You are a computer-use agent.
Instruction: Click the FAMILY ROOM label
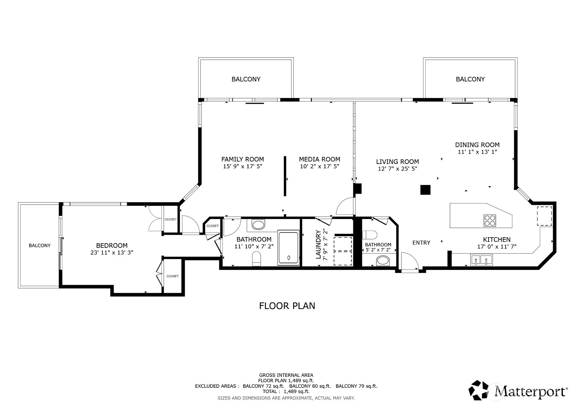tap(243, 159)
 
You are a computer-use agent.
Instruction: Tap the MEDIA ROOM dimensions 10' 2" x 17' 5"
tap(319, 167)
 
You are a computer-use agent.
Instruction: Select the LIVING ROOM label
tap(397, 161)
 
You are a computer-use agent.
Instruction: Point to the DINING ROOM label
tap(477, 145)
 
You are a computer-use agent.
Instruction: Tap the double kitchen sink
tap(481, 260)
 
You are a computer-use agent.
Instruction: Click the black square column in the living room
tap(425, 190)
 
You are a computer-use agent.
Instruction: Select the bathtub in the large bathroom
tap(288, 248)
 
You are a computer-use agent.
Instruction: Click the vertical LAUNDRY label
tap(318, 245)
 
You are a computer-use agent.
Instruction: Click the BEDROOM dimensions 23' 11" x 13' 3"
tap(112, 253)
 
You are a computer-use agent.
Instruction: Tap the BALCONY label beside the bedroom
tap(40, 246)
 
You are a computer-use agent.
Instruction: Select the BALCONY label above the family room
tap(246, 79)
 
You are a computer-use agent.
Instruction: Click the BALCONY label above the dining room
tap(470, 79)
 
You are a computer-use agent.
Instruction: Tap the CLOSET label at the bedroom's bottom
tap(173, 276)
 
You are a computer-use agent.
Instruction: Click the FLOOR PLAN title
tap(287, 306)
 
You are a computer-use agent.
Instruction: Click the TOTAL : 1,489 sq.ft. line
tap(286, 392)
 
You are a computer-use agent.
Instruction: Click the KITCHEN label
tap(497, 240)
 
